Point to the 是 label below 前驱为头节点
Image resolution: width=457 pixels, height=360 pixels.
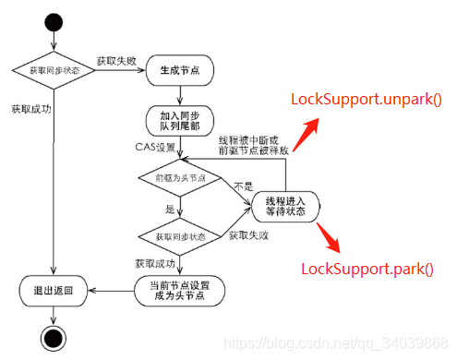[169, 210]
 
